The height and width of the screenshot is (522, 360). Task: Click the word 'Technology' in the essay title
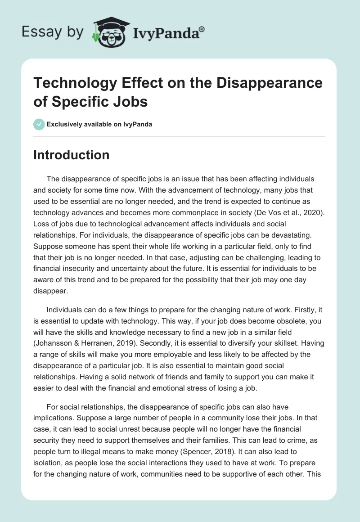(x=74, y=83)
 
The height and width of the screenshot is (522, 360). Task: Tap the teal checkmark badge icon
(x=40, y=124)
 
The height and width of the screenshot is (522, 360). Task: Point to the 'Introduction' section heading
(x=72, y=155)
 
